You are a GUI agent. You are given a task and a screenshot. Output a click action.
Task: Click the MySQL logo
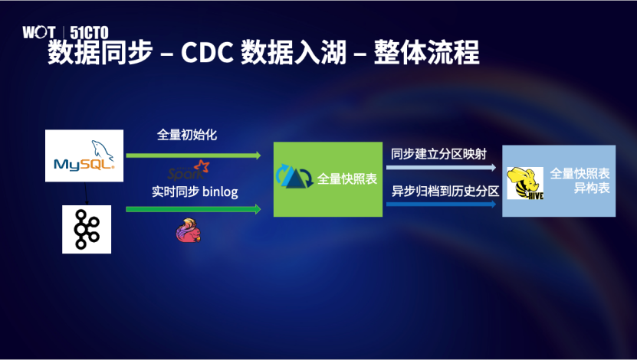[x=84, y=155]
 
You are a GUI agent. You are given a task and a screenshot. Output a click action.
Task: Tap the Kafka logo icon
[x=87, y=229]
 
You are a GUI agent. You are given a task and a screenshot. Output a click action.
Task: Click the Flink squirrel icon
[x=188, y=231]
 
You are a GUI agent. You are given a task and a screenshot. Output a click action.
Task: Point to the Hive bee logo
[x=525, y=183]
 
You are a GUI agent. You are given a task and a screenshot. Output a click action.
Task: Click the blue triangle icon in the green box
[x=294, y=176]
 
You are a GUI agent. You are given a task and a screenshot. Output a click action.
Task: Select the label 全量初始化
[x=187, y=135]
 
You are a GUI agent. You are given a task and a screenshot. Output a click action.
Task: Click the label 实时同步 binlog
[x=195, y=191]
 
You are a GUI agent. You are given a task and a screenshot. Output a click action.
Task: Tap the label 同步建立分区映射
[x=438, y=154]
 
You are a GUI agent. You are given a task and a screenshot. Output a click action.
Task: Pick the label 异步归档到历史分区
[x=445, y=191]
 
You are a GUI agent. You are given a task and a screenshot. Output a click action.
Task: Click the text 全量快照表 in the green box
[x=347, y=179]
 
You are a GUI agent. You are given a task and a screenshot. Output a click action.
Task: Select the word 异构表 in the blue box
[x=592, y=188]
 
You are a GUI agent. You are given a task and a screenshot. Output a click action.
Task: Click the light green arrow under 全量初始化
[x=193, y=155]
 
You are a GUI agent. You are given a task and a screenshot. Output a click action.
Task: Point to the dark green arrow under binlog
[x=193, y=209]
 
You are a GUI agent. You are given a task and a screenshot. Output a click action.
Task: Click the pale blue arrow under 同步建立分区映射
[x=442, y=167]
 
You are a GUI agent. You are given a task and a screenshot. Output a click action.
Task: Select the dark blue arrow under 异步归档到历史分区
[x=442, y=205]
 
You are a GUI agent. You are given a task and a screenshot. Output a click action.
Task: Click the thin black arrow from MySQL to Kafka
[x=86, y=193]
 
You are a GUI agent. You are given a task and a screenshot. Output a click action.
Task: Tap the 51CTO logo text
[x=89, y=32]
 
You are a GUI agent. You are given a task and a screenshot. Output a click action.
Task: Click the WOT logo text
[x=38, y=32]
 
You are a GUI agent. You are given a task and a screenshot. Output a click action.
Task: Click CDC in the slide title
[x=207, y=52]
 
